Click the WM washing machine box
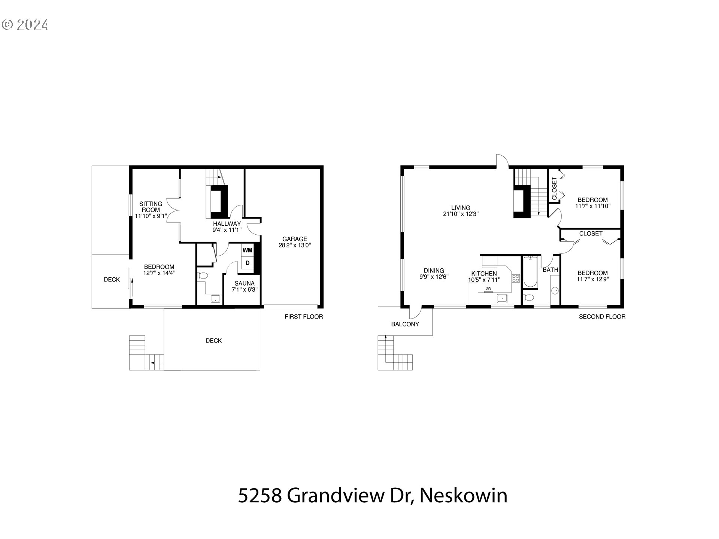[x=247, y=250]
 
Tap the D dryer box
[x=247, y=263]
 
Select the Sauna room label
[x=245, y=283]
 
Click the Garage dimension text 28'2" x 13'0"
[x=295, y=246]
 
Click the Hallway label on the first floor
[x=227, y=224]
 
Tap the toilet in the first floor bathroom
[x=202, y=276]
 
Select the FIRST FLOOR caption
[x=304, y=317]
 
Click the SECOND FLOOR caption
[x=602, y=317]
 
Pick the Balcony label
[x=405, y=324]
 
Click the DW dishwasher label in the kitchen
[x=488, y=288]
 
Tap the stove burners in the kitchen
[x=516, y=278]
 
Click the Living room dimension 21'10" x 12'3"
[x=461, y=214]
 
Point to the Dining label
[x=434, y=271]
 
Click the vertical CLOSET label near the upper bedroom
[x=554, y=188]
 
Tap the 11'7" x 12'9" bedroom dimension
[x=592, y=279]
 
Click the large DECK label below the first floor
[x=213, y=341]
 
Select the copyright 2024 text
[x=25, y=25]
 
